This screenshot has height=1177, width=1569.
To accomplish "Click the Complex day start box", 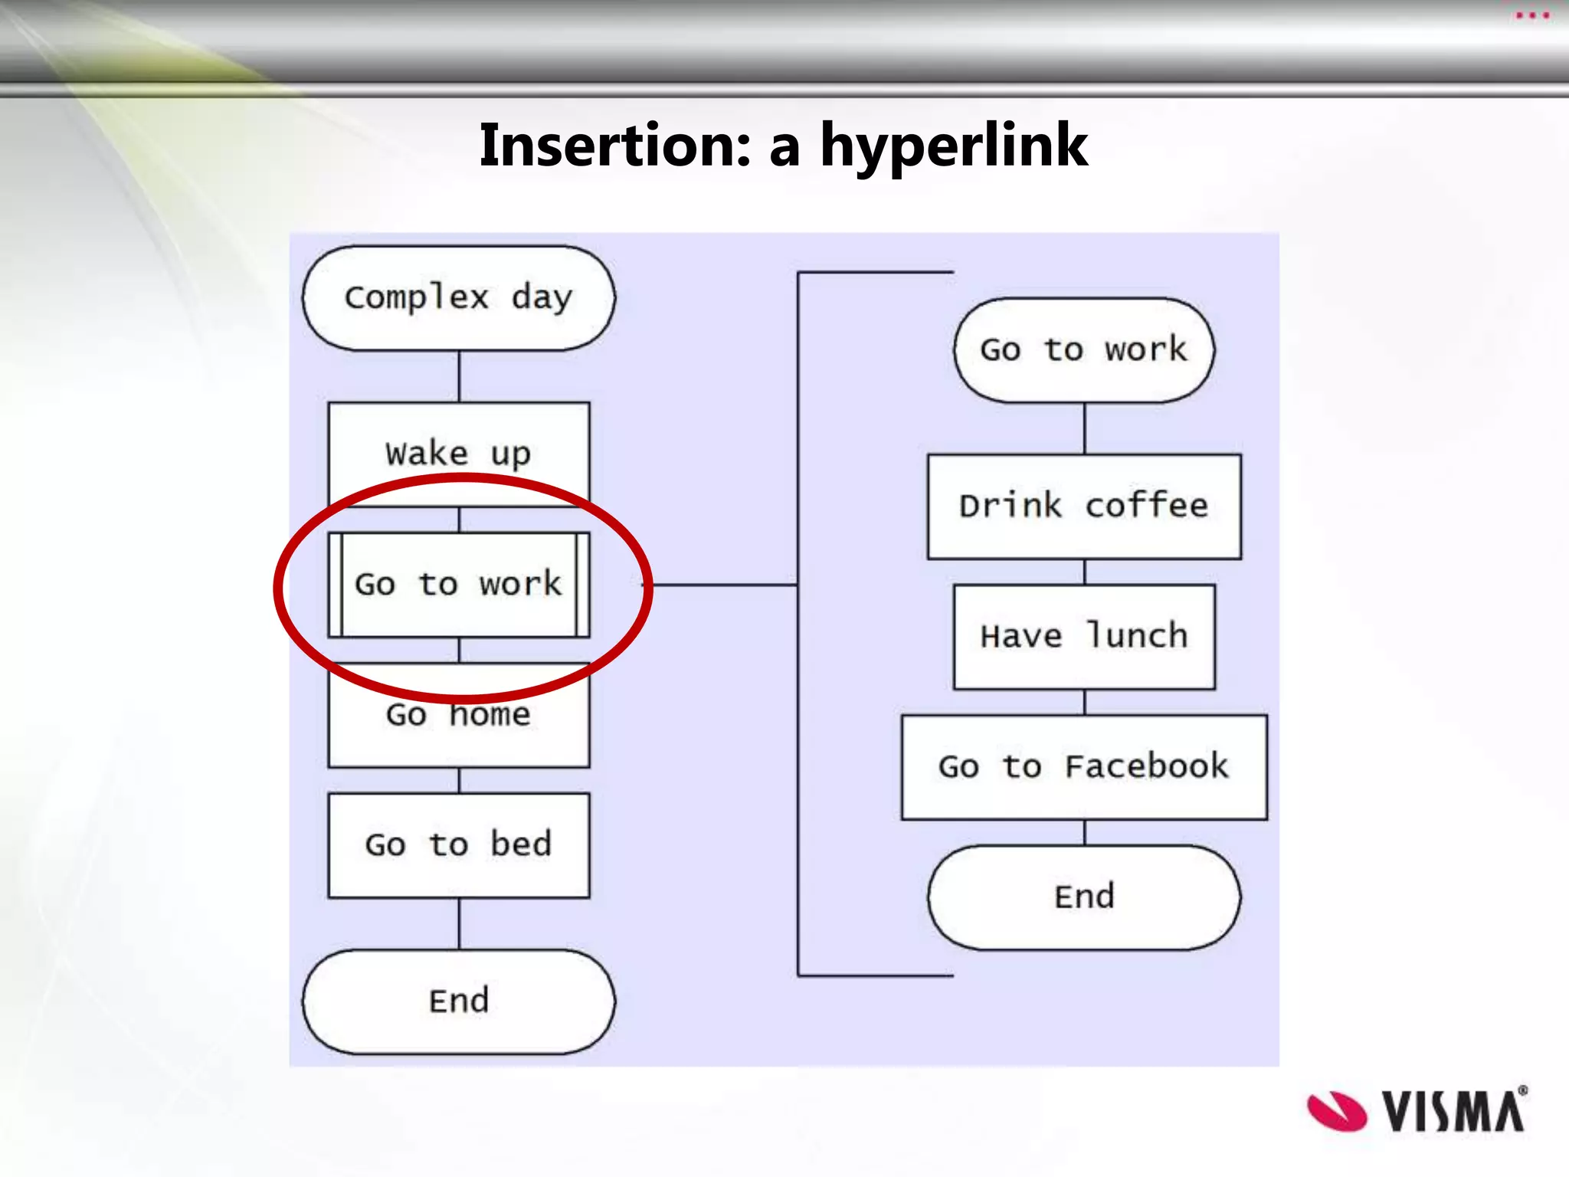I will pos(458,298).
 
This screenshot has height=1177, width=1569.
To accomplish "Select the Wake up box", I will pos(458,453).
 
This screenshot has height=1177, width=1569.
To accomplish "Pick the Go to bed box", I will pos(458,845).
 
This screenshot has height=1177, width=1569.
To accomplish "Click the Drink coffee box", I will pos(1084,507).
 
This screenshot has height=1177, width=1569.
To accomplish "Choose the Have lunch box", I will pos(1084,637).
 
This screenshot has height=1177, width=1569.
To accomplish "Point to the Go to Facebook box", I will pos(1084,767).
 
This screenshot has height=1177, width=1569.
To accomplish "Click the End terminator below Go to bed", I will pos(458,1002).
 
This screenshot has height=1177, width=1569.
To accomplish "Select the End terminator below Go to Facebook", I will pos(1084,897).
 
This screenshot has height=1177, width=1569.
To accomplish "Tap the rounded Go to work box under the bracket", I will pos(1084,350).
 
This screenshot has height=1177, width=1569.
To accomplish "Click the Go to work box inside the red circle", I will pos(458,585).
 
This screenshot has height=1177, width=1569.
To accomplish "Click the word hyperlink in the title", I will pos(954,146).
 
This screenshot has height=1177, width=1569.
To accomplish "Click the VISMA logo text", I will pos(1453,1110).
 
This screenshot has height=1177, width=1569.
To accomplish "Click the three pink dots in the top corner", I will pos(1533,15).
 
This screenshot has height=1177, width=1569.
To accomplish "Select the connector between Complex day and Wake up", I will pos(459,376).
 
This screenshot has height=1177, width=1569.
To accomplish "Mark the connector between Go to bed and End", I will pos(459,923).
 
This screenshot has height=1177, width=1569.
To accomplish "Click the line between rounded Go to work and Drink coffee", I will pos(1084,428).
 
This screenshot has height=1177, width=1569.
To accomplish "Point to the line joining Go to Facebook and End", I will pos(1084,832).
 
